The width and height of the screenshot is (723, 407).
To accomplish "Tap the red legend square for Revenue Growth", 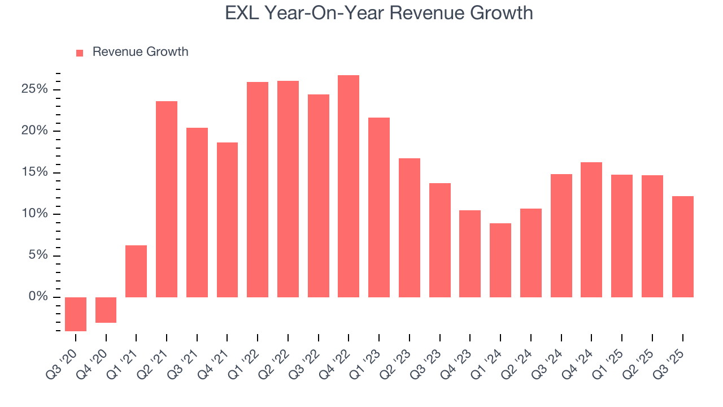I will (x=80, y=53).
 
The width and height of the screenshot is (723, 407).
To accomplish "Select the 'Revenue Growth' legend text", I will (x=140, y=52).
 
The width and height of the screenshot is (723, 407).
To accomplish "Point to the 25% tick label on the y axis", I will (x=34, y=89).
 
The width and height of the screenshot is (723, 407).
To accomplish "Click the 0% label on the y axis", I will (x=38, y=297).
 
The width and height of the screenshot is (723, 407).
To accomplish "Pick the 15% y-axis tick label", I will (x=34, y=172).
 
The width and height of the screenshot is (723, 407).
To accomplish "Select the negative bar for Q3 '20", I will (x=76, y=314).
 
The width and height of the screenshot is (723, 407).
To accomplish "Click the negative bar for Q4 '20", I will (x=106, y=310).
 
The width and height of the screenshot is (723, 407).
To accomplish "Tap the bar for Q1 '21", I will (x=136, y=271).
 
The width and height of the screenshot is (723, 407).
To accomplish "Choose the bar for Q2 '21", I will (x=167, y=199).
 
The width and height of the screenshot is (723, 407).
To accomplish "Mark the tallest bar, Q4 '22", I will (x=349, y=187).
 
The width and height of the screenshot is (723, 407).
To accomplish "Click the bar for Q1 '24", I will (x=500, y=260).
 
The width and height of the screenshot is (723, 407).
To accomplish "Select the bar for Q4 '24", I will (x=591, y=230).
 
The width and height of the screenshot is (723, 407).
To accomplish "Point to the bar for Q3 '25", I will (x=682, y=246).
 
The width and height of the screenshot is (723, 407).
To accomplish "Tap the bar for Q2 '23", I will (x=410, y=228).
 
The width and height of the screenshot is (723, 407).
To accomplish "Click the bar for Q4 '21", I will (x=227, y=220).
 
